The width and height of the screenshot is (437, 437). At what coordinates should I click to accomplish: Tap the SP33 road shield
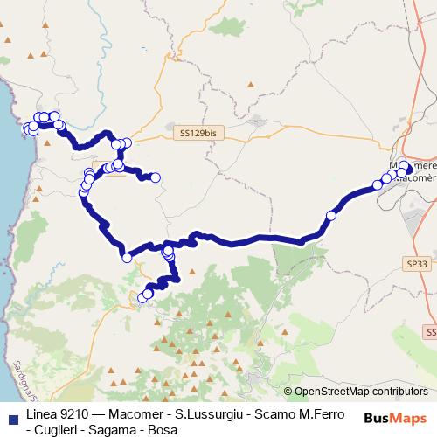(416, 262)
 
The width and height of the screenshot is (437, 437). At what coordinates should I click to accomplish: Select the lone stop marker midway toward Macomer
(331, 215)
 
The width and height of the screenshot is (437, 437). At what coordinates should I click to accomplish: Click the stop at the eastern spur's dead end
(156, 178)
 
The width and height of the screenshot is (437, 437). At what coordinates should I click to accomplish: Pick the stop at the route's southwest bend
(127, 257)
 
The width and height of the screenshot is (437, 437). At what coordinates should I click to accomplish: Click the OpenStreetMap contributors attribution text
(360, 392)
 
